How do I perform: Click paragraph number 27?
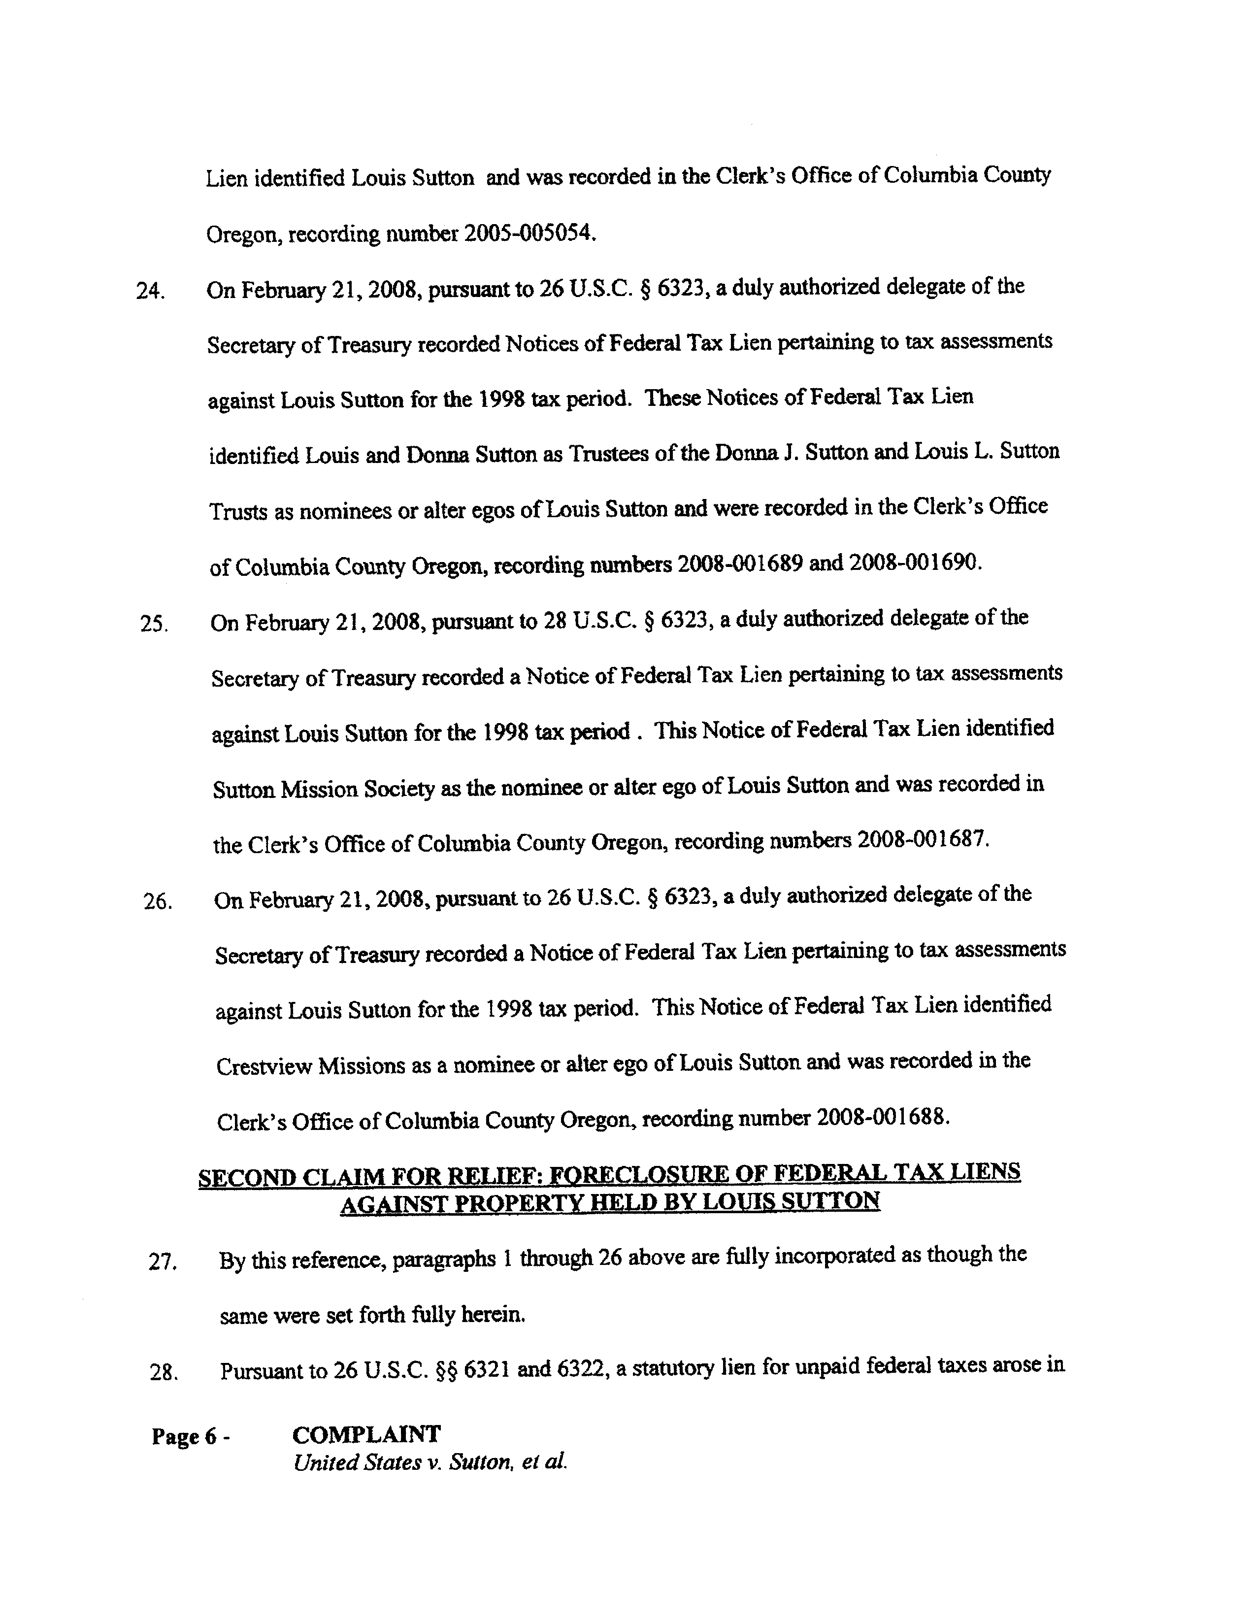[x=162, y=1262]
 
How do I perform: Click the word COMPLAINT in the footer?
[x=366, y=1434]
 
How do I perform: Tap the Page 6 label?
[x=184, y=1437]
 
